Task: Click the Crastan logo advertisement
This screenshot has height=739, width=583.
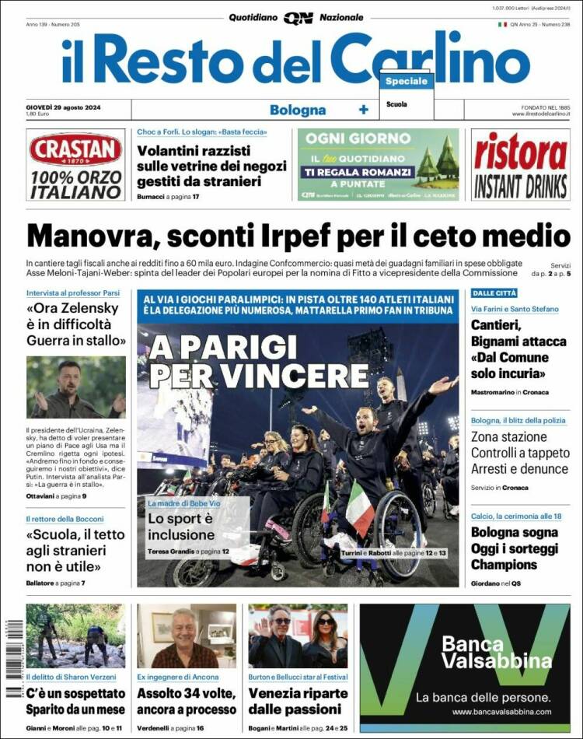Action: (75, 165)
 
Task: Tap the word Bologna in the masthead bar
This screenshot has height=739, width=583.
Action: (298, 110)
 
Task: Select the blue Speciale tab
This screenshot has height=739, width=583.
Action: (406, 81)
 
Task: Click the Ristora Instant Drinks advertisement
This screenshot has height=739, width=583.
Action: (521, 165)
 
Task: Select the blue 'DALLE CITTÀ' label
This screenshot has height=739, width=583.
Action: (494, 292)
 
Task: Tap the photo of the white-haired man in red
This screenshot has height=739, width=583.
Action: (187, 636)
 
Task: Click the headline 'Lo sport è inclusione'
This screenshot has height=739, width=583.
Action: (180, 527)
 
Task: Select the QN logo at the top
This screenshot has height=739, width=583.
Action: (298, 18)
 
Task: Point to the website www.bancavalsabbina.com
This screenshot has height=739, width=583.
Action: (501, 712)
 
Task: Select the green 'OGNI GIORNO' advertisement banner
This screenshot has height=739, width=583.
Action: (378, 165)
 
